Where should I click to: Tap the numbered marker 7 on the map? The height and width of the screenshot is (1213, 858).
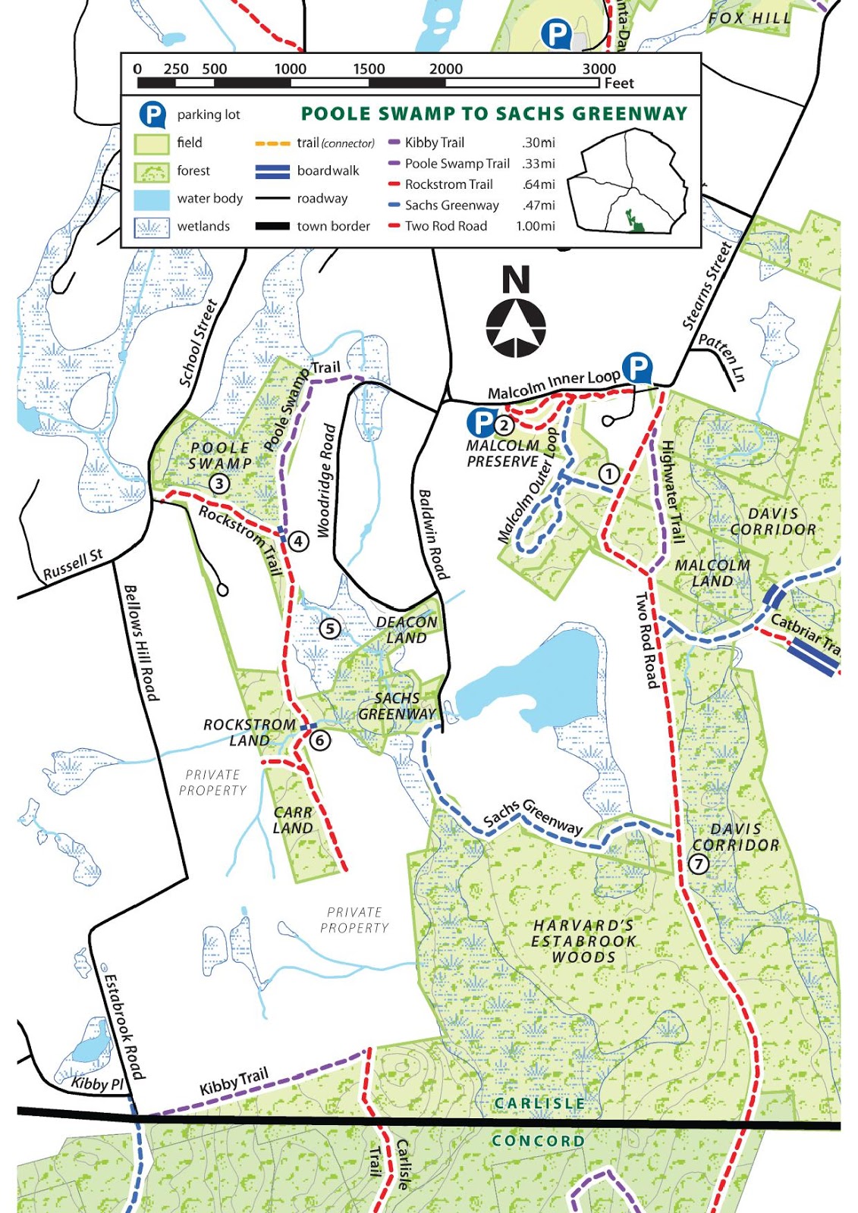tap(699, 864)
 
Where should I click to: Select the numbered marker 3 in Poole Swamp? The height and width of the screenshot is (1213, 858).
tap(219, 483)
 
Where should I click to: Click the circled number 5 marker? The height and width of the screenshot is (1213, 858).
tap(328, 628)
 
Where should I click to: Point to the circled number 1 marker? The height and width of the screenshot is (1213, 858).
tap(608, 474)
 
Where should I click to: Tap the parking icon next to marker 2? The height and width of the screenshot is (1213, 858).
tap(481, 422)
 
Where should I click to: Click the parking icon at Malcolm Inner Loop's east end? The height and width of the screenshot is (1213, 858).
tap(637, 368)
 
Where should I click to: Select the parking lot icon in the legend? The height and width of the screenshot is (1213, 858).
tap(152, 114)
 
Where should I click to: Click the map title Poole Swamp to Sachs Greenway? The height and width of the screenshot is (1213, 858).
tap(494, 114)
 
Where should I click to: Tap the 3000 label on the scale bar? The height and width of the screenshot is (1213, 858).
tap(599, 68)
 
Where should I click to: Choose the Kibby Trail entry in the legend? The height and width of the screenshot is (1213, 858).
tap(434, 143)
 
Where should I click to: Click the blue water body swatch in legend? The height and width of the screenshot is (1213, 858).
tap(152, 199)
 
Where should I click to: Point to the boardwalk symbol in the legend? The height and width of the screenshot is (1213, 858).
tap(272, 171)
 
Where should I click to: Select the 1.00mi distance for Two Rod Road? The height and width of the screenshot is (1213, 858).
tap(536, 226)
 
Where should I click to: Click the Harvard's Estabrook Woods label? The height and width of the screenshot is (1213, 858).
tap(583, 941)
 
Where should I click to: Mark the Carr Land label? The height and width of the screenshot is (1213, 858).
tap(293, 820)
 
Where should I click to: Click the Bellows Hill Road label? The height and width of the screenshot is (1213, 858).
tap(141, 643)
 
